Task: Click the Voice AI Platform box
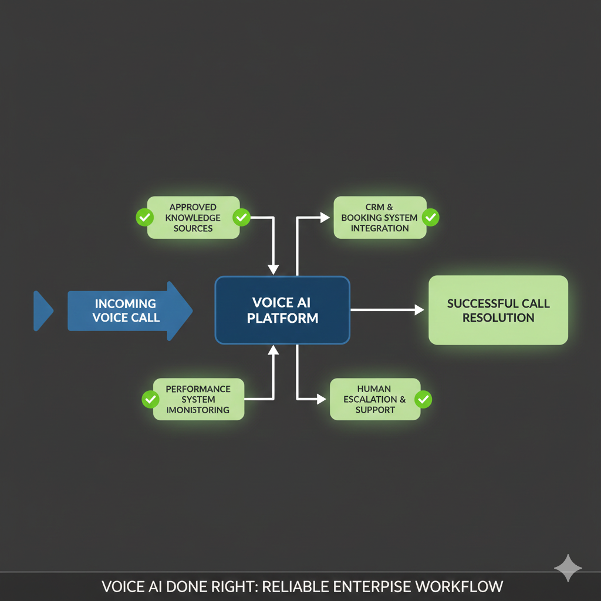[282, 310]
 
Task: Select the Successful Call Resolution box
[498, 310]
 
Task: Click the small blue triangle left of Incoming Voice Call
[42, 310]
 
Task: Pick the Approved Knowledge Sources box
[193, 217]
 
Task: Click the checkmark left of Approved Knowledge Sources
[144, 217]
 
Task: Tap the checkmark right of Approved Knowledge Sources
[241, 217]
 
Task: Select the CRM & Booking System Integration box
[380, 217]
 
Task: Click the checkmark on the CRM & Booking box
[430, 217]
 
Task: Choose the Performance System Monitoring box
[198, 399]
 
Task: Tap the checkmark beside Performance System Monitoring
[151, 400]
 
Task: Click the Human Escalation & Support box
[375, 399]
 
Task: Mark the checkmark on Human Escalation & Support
[423, 400]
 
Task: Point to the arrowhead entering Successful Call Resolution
[419, 310]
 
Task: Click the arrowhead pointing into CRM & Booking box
[325, 217]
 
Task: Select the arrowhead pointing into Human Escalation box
[322, 399]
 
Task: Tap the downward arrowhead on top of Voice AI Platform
[274, 269]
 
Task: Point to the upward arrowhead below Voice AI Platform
[274, 350]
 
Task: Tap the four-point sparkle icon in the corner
[568, 568]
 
